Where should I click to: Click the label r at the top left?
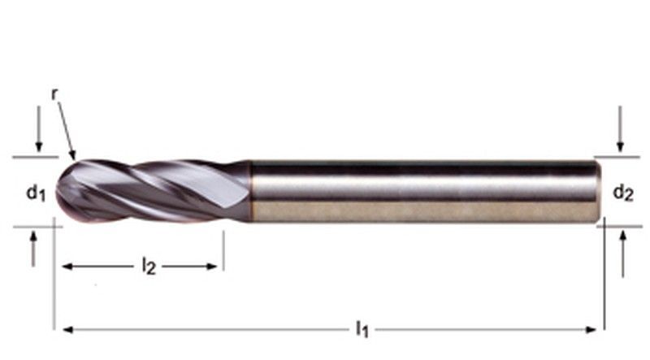coord(54,94)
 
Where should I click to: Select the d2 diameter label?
coord(622,193)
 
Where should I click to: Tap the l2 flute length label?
coord(148,266)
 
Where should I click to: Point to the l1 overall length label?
coord(362,329)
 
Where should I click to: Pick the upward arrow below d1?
coord(33,249)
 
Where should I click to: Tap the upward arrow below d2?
coord(622,249)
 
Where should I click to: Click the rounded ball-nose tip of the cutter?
coord(63,192)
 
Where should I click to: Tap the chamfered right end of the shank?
coord(599,192)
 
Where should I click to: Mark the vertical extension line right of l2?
coord(223,252)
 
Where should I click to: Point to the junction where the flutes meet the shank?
coord(249,191)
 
